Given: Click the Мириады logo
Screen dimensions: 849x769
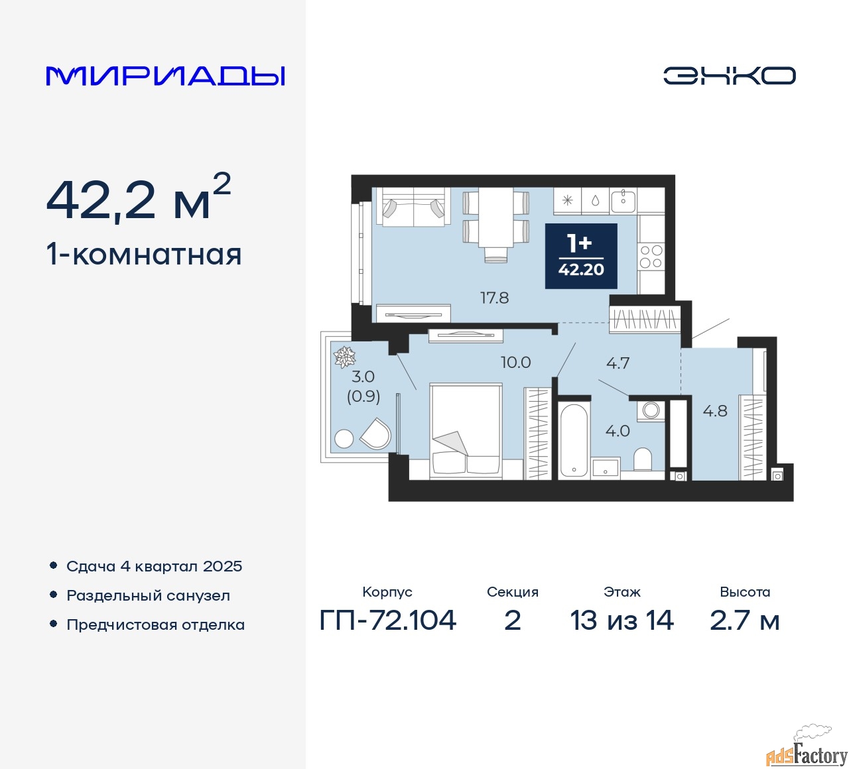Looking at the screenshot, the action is click(x=165, y=76).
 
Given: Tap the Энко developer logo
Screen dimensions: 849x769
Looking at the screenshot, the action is click(x=729, y=76).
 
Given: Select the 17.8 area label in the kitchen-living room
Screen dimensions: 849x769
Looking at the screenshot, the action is click(x=494, y=298).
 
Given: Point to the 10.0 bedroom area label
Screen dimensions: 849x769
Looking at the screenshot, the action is click(x=515, y=362).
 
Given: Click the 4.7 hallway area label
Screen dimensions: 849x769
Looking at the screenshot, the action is click(x=618, y=363).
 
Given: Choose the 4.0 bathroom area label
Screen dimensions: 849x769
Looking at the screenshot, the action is click(x=618, y=431).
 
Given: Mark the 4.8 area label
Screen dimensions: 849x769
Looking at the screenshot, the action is click(x=715, y=411).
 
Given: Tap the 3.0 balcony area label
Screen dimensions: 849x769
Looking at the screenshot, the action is click(x=363, y=376).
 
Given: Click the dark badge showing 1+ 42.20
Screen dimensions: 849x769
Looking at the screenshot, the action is click(x=580, y=256).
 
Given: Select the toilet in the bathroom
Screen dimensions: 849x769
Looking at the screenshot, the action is click(x=643, y=459).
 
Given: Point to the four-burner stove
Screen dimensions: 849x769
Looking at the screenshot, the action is click(x=651, y=257).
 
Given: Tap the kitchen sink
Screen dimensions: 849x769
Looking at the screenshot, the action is click(x=623, y=201).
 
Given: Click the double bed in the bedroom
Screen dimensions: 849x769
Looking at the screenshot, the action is click(x=466, y=431).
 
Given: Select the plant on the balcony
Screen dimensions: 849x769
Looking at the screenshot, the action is click(x=344, y=356).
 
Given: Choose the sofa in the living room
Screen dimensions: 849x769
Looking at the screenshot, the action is click(x=413, y=207).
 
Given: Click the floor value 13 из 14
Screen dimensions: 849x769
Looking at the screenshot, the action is click(x=621, y=620).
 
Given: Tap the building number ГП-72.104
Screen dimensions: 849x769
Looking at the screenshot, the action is click(x=387, y=620).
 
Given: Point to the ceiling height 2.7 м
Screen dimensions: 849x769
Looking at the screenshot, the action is click(x=744, y=620).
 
